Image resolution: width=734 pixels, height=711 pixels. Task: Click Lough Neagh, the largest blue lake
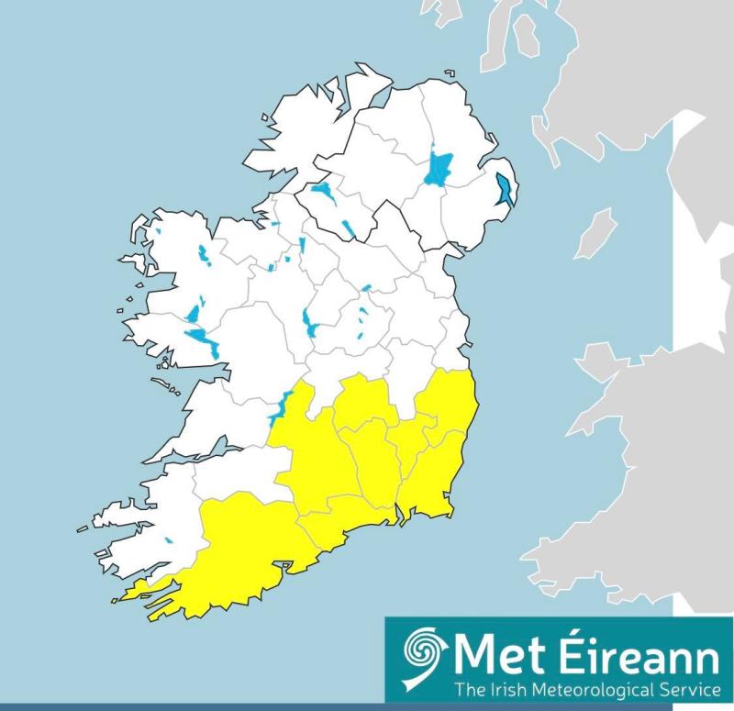[x=439, y=169]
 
